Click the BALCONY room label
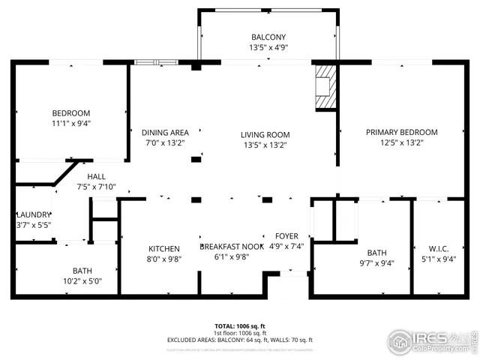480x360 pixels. [268, 37]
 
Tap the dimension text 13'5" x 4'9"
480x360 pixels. [268, 47]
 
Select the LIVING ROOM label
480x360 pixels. [265, 135]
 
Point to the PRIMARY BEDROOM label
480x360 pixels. [401, 132]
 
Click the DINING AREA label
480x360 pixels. [165, 133]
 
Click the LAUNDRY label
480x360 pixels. [34, 214]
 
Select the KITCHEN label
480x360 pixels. [163, 249]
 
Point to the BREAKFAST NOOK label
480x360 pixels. [231, 246]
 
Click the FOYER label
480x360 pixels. [286, 236]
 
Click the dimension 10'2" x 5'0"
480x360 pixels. [82, 281]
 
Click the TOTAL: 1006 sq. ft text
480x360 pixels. [239, 326]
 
